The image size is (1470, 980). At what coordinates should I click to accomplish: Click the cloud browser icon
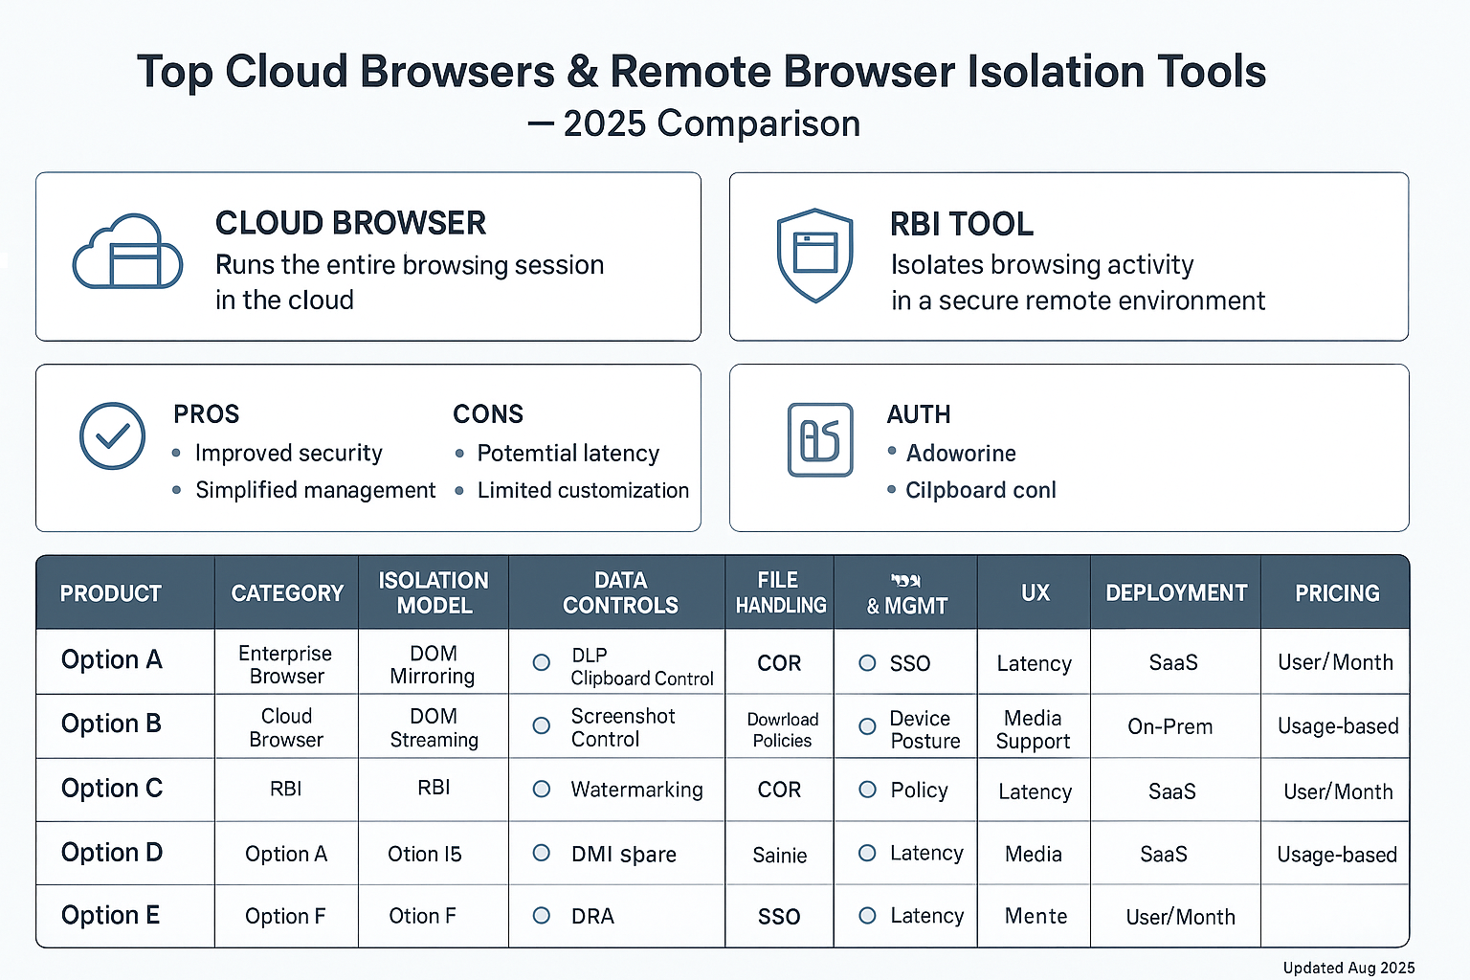pos(127,253)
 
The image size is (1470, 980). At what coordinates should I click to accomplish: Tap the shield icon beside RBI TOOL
pos(814,255)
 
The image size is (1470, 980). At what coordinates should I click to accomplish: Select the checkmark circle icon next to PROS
pos(112,436)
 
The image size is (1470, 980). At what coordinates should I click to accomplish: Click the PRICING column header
pos(1336,593)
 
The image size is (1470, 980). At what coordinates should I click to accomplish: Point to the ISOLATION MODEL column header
pos(434,593)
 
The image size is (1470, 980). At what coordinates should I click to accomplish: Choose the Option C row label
pos(112,789)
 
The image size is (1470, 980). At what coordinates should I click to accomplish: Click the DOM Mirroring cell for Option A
pos(433,664)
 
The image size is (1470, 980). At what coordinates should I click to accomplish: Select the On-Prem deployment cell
pos(1169,726)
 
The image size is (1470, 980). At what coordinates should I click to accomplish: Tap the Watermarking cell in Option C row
pos(636,790)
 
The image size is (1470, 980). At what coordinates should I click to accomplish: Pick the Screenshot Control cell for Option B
pos(622,727)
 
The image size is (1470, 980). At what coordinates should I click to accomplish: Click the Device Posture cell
pos(924,729)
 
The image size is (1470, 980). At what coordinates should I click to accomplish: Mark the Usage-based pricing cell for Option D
pos(1336,855)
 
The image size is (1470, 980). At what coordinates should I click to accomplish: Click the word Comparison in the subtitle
pos(759,123)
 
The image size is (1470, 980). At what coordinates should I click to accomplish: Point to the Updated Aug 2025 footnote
pos(1348,968)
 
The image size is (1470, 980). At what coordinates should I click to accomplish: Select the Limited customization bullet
pos(582,490)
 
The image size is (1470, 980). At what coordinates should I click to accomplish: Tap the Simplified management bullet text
pos(315,490)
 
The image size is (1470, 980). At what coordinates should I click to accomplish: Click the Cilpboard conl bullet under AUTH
pos(980,490)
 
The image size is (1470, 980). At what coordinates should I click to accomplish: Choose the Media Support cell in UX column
pos(1033,729)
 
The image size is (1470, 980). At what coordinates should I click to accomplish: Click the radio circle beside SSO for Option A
pos(867,663)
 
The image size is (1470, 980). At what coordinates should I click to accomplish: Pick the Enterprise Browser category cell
pos(285,664)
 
